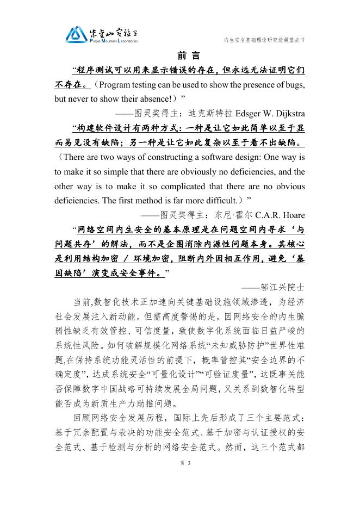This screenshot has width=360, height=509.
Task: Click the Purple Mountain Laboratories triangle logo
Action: click(x=76, y=35)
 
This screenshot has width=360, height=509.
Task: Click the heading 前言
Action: click(x=189, y=56)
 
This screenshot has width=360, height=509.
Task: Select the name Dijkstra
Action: click(x=286, y=114)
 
